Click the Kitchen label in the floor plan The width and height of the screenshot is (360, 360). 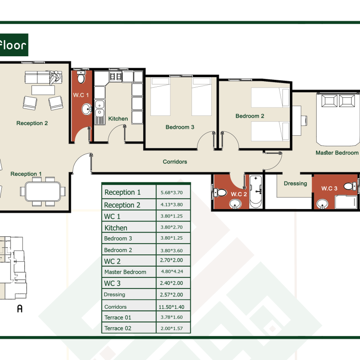[x=118, y=119]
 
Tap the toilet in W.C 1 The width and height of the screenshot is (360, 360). [x=81, y=77]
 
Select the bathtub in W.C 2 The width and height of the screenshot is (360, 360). [x=256, y=192]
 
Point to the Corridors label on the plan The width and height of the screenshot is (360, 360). [x=175, y=162]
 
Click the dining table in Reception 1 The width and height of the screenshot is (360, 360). [x=43, y=192]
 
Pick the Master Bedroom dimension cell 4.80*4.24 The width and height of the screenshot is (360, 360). [x=172, y=271]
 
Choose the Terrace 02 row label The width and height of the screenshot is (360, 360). [x=118, y=328]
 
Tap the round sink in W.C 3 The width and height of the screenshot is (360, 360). [x=322, y=204]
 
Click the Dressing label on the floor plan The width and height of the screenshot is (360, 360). [x=295, y=183]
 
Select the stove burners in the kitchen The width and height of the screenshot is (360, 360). [x=116, y=77]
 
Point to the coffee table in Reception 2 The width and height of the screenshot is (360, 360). [x=43, y=90]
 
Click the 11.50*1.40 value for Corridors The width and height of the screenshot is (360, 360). [x=172, y=307]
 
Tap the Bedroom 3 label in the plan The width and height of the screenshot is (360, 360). [x=180, y=127]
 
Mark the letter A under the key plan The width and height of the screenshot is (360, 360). [x=20, y=309]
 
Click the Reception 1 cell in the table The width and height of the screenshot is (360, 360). [x=122, y=192]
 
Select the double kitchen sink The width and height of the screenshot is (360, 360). [x=100, y=108]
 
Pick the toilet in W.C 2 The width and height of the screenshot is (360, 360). [x=220, y=192]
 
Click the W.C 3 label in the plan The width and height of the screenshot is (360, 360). [x=329, y=188]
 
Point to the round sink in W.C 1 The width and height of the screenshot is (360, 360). [x=87, y=109]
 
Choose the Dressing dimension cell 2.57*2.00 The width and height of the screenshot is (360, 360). [x=172, y=294]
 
